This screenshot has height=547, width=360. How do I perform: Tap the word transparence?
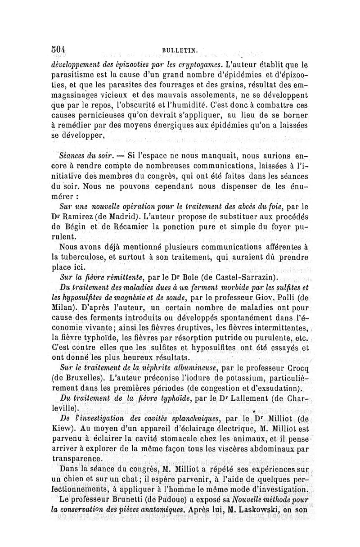(x=78, y=458)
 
